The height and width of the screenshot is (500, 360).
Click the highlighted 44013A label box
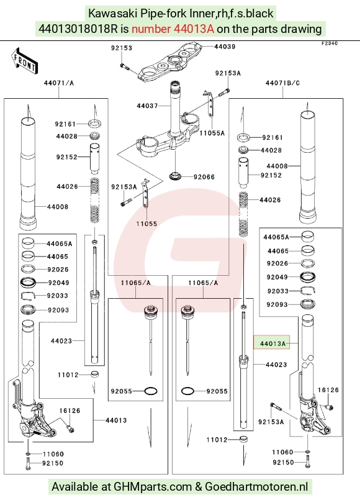pyautogui.click(x=271, y=342)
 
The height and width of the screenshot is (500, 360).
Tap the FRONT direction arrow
pyautogui.click(x=24, y=61)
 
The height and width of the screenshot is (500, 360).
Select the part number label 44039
pyautogui.click(x=225, y=47)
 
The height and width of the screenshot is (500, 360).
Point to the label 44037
pyautogui.click(x=147, y=106)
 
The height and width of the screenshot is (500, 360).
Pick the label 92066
pyautogui.click(x=204, y=177)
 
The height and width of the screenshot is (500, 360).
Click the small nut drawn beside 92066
pyautogui.click(x=176, y=176)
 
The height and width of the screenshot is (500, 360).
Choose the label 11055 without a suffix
pyautogui.click(x=147, y=224)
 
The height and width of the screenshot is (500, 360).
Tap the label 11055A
pyautogui.click(x=212, y=133)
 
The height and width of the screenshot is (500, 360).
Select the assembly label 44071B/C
pyautogui.click(x=282, y=83)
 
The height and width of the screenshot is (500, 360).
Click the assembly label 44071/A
pyautogui.click(x=58, y=83)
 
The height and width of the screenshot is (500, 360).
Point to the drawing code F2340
pyautogui.click(x=330, y=43)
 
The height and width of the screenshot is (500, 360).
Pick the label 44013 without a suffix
pyautogui.click(x=116, y=420)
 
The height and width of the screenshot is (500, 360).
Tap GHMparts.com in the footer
pyautogui.click(x=153, y=486)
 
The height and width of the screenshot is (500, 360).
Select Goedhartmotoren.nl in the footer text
pyautogui.click(x=256, y=486)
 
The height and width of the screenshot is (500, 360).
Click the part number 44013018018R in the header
pyautogui.click(x=78, y=29)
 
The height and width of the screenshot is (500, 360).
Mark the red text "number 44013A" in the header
pyautogui.click(x=173, y=29)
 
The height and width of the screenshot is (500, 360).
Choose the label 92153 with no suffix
pyautogui.click(x=122, y=48)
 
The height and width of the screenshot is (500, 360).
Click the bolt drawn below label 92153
pyautogui.click(x=124, y=66)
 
